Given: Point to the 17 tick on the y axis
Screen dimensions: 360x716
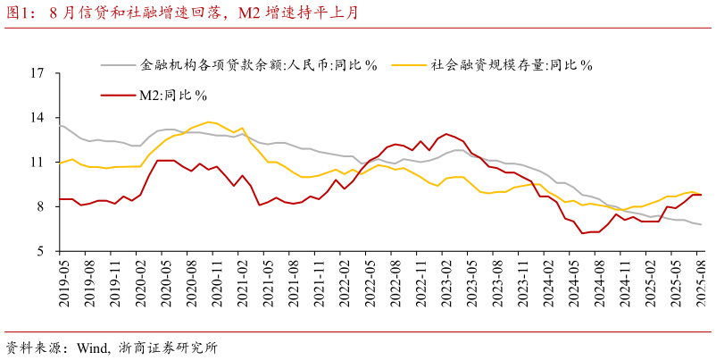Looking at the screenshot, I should [x=37, y=73].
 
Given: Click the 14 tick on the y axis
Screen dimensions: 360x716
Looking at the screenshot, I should [x=37, y=118].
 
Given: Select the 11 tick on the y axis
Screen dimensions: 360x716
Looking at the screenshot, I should [x=37, y=163].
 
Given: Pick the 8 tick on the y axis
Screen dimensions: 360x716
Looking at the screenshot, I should [x=40, y=206].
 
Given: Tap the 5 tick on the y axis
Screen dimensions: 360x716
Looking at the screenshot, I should [x=40, y=251].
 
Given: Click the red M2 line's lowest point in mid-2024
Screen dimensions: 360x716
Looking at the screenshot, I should [x=582, y=233].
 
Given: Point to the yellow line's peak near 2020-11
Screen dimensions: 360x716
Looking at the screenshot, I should [x=209, y=121].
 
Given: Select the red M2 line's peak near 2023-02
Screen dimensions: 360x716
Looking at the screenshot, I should [x=445, y=134].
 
